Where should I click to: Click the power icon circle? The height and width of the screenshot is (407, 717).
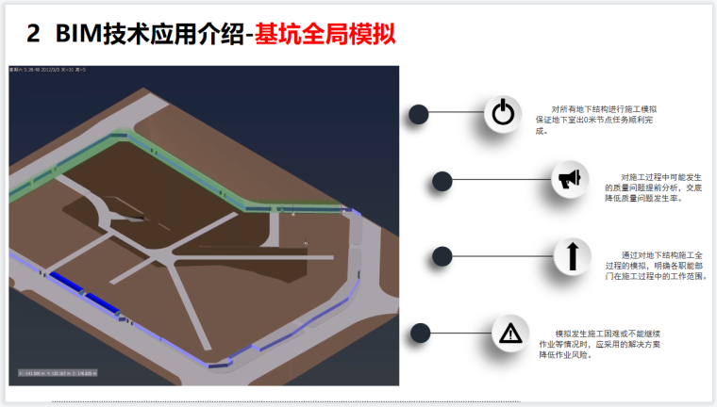point(503,114)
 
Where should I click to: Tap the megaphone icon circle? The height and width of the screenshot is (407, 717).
point(570,179)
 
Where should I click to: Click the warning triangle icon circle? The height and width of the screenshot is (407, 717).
point(510,333)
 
